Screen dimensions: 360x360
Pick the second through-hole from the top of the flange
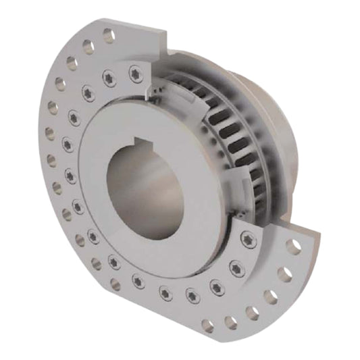pyautogui.click(x=87, y=46)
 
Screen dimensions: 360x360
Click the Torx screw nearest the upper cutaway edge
pyautogui.click(x=135, y=70)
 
